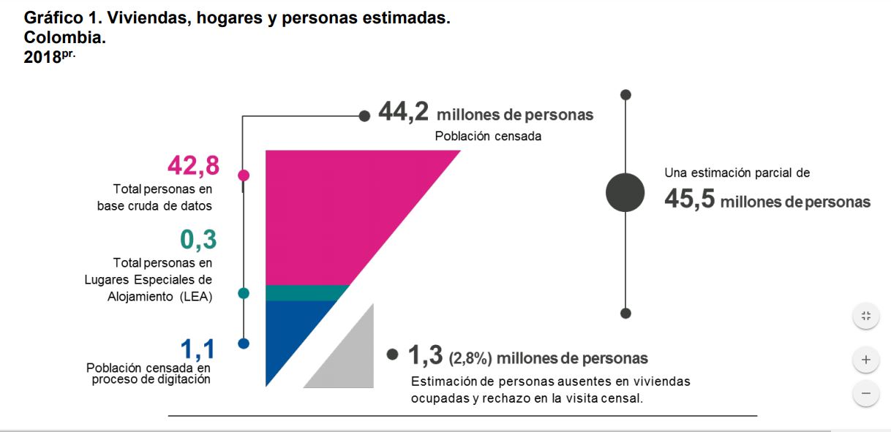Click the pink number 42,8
(193, 166)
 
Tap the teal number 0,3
(198, 240)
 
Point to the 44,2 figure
(403, 113)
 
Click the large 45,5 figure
(689, 200)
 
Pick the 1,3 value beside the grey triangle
(426, 356)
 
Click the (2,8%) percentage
(470, 358)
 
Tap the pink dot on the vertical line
(244, 175)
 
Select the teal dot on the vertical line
(244, 293)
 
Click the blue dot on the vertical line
(244, 343)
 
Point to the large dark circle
(625, 193)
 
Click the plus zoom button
(865, 360)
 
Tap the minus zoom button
(865, 393)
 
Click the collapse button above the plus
(865, 316)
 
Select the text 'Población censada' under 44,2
(488, 136)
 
